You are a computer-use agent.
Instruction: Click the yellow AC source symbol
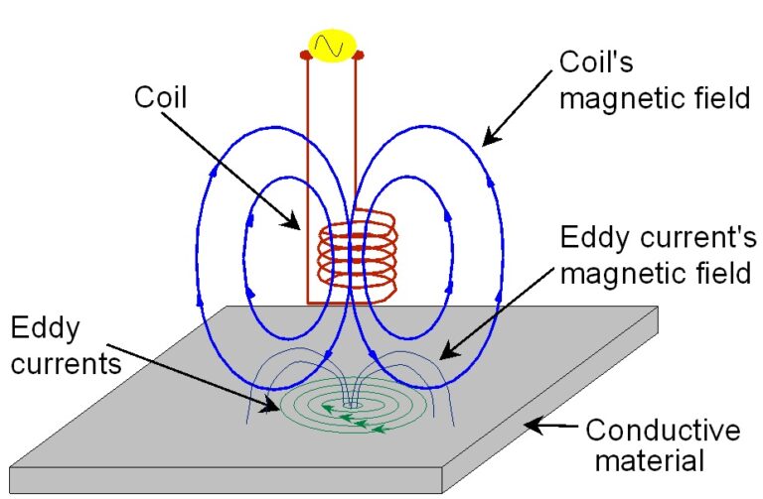330,46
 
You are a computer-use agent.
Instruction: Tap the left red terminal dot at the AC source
306,54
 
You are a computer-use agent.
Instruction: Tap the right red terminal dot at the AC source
359,54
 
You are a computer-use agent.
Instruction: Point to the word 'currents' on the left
68,363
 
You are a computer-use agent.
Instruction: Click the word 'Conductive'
662,431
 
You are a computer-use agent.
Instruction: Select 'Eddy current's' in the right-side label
659,239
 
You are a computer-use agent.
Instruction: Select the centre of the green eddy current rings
349,405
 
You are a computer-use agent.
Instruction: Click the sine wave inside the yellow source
330,46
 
